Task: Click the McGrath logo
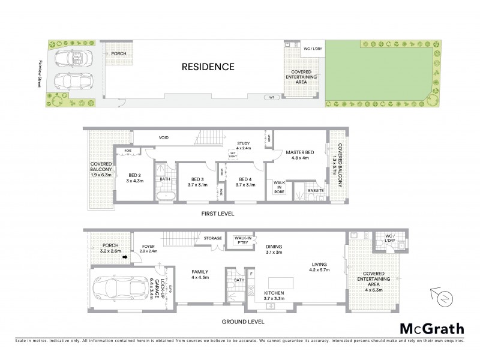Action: tap(431, 328)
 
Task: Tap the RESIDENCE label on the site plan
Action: tap(208, 67)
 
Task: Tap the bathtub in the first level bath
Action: tap(164, 196)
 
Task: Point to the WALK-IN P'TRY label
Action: tap(242, 241)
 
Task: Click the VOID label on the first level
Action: tap(163, 138)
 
